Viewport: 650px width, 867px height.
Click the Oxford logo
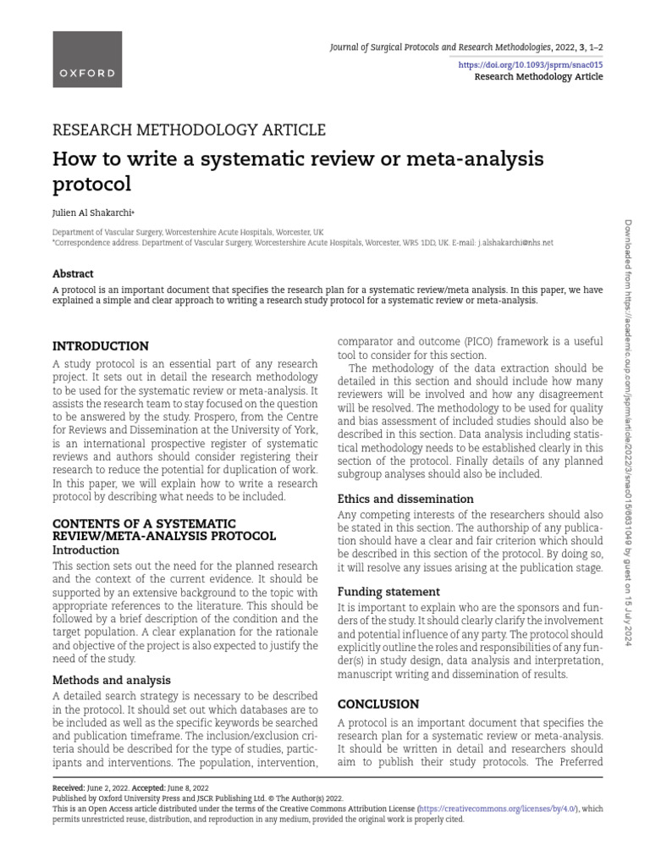click(x=87, y=72)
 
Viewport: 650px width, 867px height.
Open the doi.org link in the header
click(x=542, y=64)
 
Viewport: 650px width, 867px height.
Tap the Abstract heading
click(x=73, y=273)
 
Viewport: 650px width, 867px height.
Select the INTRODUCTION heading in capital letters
click(x=101, y=346)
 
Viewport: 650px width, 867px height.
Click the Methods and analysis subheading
click(x=112, y=679)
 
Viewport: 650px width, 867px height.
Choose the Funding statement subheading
click(x=388, y=591)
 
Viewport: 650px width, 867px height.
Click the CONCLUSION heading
click(x=378, y=704)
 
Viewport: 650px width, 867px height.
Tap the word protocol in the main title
click(x=92, y=184)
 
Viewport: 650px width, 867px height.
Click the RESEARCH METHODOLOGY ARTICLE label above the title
click(x=189, y=130)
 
